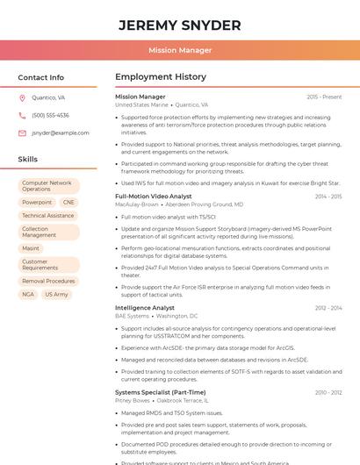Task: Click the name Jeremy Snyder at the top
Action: coord(180,25)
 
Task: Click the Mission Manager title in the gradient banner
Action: coord(180,50)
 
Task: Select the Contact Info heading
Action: coord(41,77)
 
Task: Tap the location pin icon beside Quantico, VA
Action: coord(22,98)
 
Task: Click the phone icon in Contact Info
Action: coord(22,116)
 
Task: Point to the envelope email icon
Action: coord(22,133)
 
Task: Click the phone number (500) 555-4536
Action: coord(50,116)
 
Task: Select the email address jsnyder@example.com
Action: coord(61,133)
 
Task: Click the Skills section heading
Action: coord(28,159)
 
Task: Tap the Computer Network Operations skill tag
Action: coord(48,186)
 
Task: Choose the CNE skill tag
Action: coord(69,203)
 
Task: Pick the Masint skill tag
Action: coord(31,248)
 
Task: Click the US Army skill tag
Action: coord(56,295)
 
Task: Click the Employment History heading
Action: coord(161,77)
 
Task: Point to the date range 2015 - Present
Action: coord(324,97)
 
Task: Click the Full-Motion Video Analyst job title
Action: coord(154,197)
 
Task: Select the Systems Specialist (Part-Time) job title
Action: coord(161,392)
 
